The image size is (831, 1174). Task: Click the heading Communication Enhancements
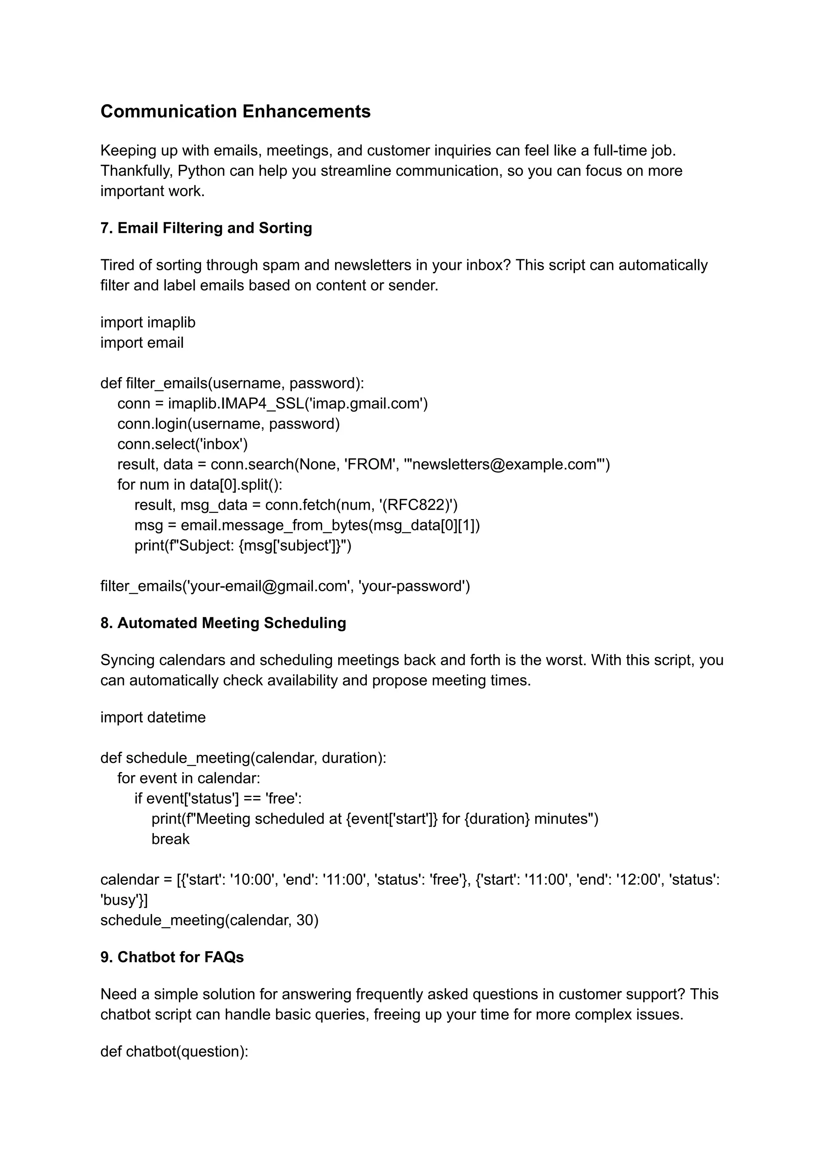click(235, 111)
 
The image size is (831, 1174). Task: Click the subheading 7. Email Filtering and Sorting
click(206, 228)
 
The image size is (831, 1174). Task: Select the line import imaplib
click(148, 323)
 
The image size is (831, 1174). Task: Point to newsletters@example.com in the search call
click(504, 464)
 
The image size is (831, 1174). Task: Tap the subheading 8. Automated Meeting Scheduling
click(223, 623)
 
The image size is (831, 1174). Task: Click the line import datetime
click(153, 717)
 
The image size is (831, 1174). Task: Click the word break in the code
click(170, 839)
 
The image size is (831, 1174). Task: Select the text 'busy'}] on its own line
click(124, 900)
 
